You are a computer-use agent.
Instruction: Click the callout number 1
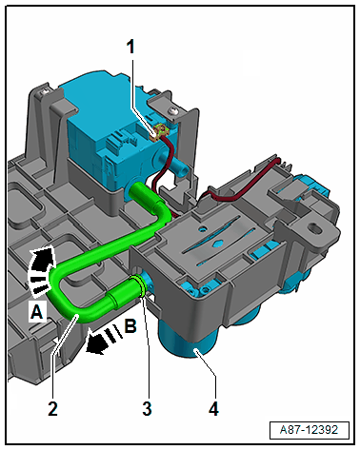tap(130, 48)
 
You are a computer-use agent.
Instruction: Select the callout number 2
tap(53, 408)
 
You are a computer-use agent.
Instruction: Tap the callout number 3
tap(147, 408)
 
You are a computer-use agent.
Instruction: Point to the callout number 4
tap(213, 408)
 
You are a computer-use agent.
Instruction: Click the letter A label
tap(37, 312)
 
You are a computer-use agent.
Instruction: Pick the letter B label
tap(130, 325)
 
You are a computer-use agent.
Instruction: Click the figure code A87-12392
tap(309, 430)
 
